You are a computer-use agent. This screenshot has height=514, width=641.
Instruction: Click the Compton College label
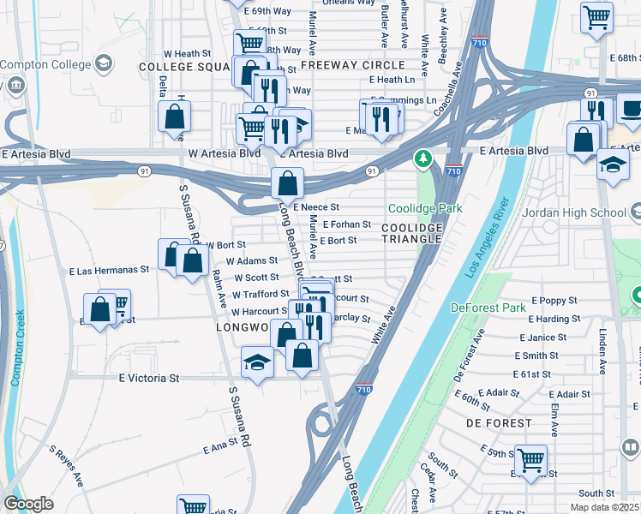point(45,65)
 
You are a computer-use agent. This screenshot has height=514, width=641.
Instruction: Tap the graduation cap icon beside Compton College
point(104,63)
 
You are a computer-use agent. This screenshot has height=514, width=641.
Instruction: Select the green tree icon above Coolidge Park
point(422,159)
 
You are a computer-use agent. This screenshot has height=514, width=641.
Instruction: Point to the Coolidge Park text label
point(425,208)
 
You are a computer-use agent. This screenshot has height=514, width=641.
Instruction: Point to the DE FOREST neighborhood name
point(499,423)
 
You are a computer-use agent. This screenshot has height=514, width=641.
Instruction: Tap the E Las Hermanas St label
point(109,270)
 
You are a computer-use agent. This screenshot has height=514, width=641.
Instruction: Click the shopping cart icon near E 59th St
point(531,460)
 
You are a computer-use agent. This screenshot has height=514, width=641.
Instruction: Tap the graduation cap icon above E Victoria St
point(257,363)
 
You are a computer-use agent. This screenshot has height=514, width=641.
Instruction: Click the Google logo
point(28,504)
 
